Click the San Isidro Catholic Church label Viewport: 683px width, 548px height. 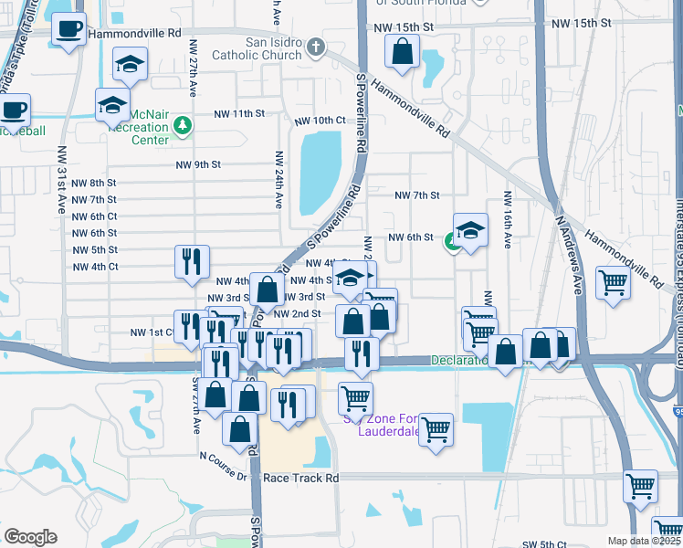click(257, 48)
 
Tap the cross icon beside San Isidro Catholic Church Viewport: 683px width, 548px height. click(315, 47)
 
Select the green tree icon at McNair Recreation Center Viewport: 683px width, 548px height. click(182, 124)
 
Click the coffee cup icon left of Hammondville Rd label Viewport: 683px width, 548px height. click(68, 29)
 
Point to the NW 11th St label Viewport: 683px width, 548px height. click(239, 114)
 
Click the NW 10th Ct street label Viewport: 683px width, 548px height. click(320, 121)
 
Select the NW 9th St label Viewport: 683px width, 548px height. click(198, 165)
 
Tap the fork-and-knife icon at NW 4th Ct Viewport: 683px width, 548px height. click(192, 261)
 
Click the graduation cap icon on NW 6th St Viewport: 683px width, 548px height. click(469, 231)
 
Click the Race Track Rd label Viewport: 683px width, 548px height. click(300, 478)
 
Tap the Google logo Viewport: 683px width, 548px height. click(30, 537)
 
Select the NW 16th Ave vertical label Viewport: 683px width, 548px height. click(506, 220)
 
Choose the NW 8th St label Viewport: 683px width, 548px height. click(94, 183)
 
